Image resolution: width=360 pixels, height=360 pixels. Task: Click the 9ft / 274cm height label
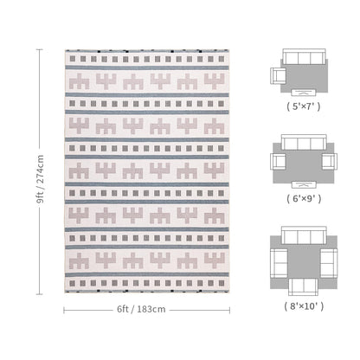coord(40,179)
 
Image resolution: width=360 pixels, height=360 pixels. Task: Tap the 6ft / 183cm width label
coord(141,309)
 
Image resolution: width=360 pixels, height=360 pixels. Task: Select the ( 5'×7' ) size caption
coord(304,106)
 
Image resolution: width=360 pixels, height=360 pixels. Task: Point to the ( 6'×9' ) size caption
coord(304,198)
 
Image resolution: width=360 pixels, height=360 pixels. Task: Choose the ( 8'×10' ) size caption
coord(304,306)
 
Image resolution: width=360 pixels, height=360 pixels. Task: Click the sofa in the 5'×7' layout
coord(304,56)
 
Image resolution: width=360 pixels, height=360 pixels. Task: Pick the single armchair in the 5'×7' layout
coord(278,76)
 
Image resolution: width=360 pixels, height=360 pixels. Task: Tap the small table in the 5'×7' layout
coord(304,93)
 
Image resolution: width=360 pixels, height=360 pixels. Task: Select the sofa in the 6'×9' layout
coord(304,142)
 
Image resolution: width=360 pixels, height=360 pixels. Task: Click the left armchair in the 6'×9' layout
coord(278,161)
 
